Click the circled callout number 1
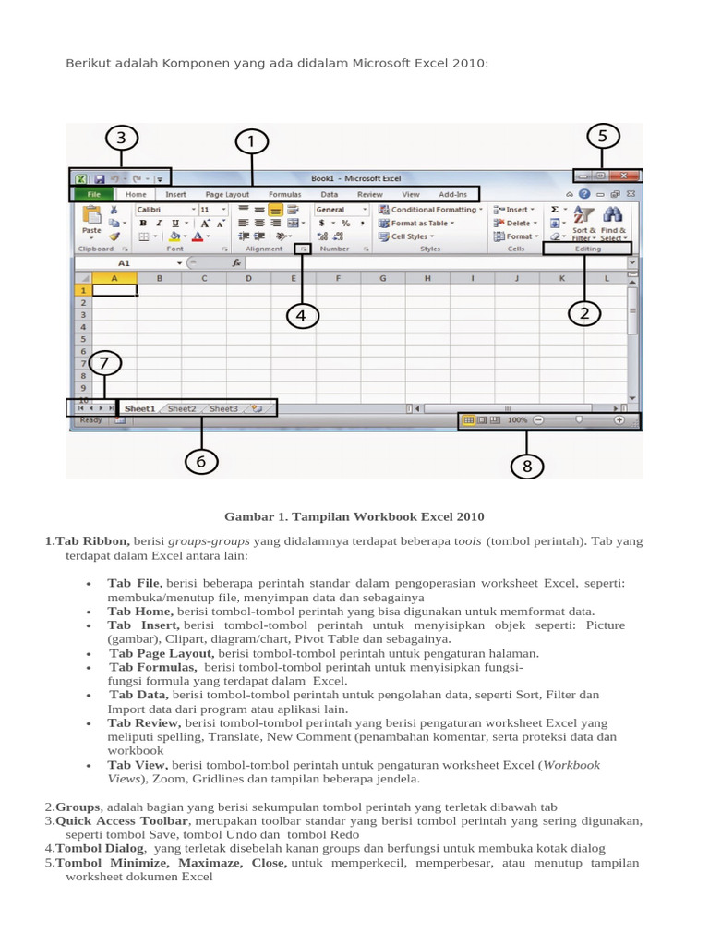pos(250,142)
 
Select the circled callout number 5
pos(603,137)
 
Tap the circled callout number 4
pos(301,316)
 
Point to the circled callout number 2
pos(583,314)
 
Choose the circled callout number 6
pos(201,461)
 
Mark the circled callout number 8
pos(527,467)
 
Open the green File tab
pos(93,195)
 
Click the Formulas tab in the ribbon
pos(284,195)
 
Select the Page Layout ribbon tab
pos(227,195)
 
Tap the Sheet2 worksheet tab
pos(182,408)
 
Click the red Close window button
pos(625,176)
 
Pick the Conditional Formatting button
pos(431,210)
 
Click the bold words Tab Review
pos(144,722)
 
